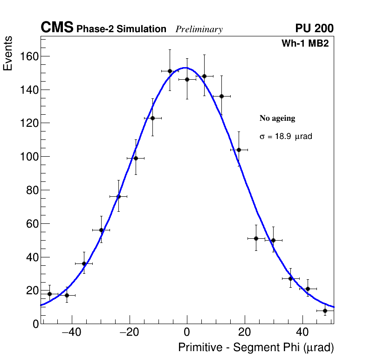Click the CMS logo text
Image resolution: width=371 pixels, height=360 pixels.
point(57,28)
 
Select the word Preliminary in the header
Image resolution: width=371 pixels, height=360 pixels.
point(199,29)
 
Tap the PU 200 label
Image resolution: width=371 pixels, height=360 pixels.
point(314,28)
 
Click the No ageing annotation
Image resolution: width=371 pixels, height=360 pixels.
point(277,118)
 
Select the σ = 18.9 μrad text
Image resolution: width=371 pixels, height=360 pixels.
point(285,137)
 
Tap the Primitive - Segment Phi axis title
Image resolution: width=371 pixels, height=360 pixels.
point(256,348)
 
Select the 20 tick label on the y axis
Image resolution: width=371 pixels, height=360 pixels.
point(31,291)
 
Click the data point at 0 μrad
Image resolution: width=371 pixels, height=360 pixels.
point(187,79)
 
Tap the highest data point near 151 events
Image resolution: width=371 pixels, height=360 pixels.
point(170,71)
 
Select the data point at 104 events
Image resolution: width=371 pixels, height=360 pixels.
point(239,150)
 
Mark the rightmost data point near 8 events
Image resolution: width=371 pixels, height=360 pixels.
point(325,311)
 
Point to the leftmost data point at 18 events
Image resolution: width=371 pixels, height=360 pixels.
point(49,294)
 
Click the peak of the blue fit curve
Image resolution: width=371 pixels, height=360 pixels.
point(185,68)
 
